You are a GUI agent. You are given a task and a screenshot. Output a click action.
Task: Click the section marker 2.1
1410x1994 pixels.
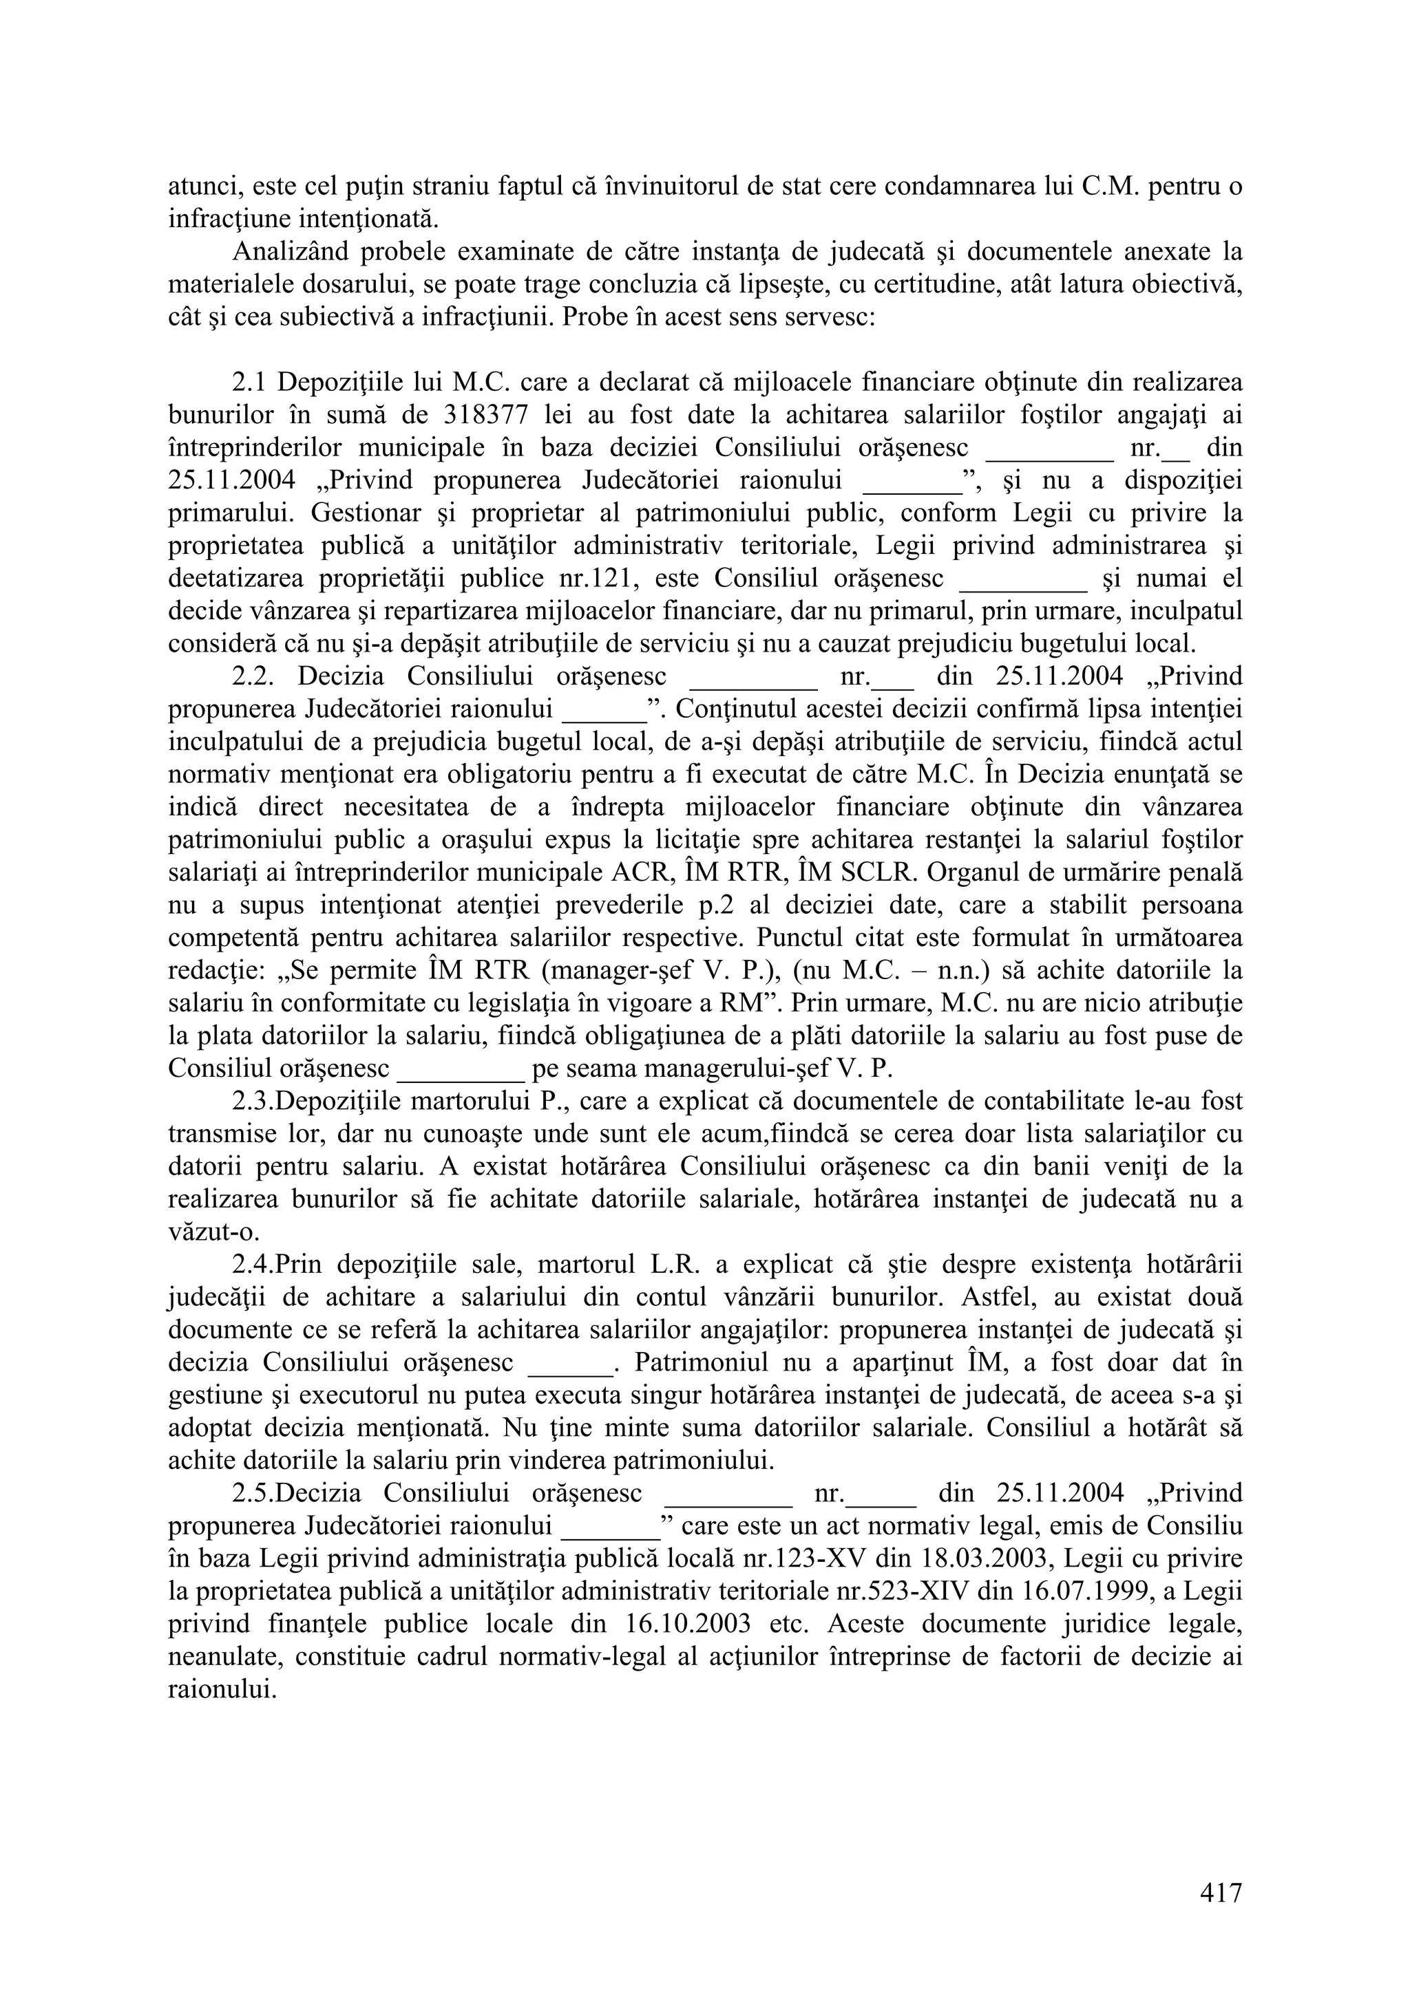point(251,382)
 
